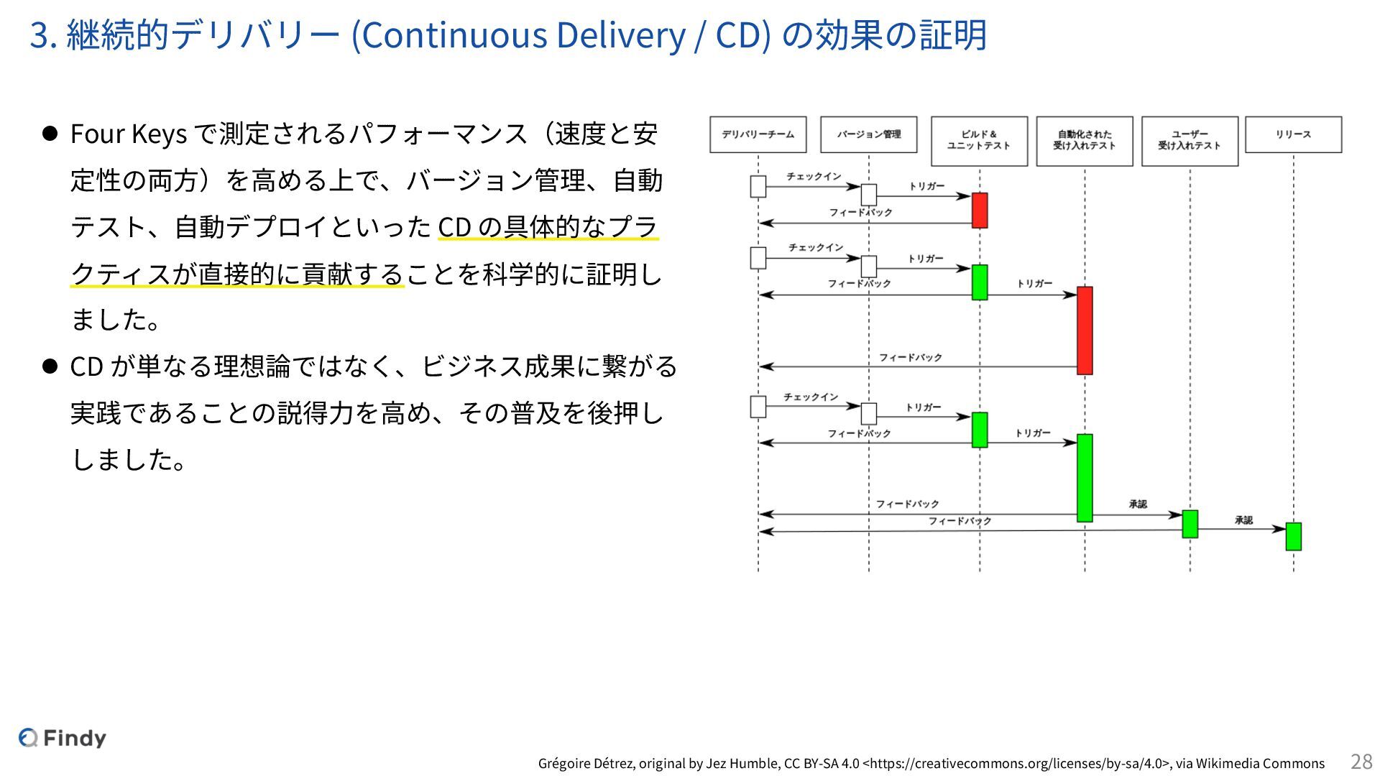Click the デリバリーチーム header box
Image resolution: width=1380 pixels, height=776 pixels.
tap(758, 134)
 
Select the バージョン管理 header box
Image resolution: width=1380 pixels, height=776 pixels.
tap(868, 134)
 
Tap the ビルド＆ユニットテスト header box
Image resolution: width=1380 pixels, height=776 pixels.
tap(979, 141)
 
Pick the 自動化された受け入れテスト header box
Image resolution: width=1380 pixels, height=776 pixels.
tap(1084, 141)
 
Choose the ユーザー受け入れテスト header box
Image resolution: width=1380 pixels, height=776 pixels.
tap(1190, 141)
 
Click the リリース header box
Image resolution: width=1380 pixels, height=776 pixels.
tap(1293, 134)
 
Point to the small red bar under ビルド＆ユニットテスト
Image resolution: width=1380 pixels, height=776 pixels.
tap(979, 210)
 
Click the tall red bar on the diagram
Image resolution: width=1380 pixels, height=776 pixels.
tap(1085, 331)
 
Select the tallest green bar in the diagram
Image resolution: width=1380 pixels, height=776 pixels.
tap(1085, 477)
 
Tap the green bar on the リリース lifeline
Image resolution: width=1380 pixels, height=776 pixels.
tap(1293, 536)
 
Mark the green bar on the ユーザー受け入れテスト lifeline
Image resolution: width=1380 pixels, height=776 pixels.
tap(1190, 524)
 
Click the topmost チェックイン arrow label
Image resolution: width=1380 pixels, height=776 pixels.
tap(814, 177)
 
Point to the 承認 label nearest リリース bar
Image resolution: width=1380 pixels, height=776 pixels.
tap(1243, 520)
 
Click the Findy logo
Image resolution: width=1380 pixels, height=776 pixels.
tap(63, 738)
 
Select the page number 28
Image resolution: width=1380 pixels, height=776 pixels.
tap(1361, 762)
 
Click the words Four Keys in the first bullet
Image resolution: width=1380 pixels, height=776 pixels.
tap(128, 134)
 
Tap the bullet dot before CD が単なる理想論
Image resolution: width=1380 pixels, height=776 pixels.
tap(50, 366)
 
